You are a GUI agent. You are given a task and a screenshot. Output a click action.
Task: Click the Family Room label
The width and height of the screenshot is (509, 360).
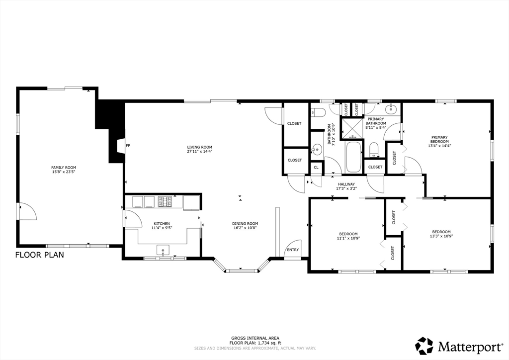[x=64, y=168]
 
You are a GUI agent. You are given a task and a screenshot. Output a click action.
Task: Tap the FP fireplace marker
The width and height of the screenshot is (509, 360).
[x=128, y=146]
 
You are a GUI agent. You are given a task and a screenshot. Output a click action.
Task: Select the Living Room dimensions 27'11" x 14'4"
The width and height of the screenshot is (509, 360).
[x=200, y=151]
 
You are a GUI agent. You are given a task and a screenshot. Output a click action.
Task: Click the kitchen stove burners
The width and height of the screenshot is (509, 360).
[x=165, y=201]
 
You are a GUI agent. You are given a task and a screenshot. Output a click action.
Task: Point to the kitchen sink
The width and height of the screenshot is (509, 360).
[x=163, y=250]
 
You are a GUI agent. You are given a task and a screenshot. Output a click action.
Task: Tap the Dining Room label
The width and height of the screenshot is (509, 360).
[x=245, y=223]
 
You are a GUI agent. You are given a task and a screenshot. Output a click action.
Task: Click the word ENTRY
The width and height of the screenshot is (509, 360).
[x=293, y=250]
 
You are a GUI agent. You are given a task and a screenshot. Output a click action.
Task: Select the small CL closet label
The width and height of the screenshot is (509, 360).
[x=316, y=168]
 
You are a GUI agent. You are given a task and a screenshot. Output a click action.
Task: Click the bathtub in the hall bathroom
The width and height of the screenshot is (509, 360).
[x=353, y=157]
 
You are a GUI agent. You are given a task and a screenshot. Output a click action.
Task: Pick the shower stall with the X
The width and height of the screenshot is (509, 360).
[x=352, y=129]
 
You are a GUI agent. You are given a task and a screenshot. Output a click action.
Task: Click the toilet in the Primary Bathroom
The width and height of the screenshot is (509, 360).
[x=374, y=150]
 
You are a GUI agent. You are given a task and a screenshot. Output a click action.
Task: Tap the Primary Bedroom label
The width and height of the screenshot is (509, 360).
[x=439, y=139]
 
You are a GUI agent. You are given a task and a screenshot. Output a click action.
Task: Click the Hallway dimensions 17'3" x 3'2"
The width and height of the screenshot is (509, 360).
[x=346, y=188]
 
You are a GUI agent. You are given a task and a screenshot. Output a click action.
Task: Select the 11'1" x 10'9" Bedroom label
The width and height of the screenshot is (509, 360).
[x=348, y=236]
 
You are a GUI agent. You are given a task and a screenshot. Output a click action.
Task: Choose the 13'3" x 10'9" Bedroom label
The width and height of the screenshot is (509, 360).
[x=441, y=234]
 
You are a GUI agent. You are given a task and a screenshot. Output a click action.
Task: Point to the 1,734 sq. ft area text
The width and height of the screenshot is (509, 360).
[x=269, y=343]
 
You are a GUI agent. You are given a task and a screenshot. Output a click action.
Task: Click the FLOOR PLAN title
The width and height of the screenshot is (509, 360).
[x=40, y=255]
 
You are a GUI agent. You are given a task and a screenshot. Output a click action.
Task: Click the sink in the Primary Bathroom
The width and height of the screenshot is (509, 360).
[x=391, y=108]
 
